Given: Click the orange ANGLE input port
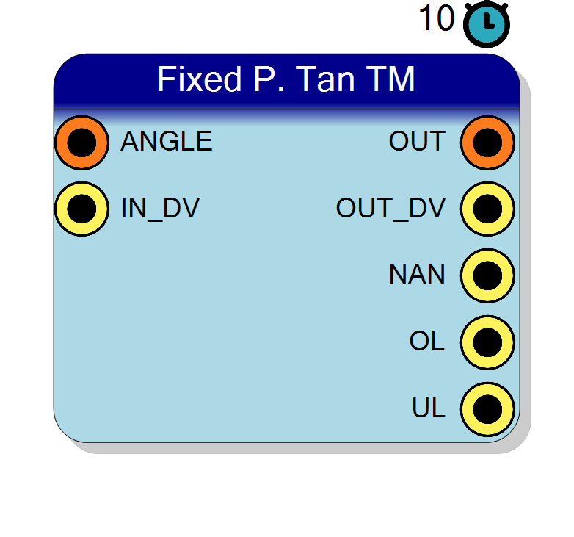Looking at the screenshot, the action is (81, 143).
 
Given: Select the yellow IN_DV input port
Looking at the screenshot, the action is (81, 209).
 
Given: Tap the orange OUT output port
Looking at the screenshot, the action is (487, 143).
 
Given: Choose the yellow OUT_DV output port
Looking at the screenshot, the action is (487, 209).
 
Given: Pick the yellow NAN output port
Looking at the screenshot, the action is (487, 275).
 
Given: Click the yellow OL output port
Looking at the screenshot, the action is (487, 342).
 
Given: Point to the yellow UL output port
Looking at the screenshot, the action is (487, 409).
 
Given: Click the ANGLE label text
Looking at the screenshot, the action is (167, 141).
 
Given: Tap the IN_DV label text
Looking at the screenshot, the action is (160, 209).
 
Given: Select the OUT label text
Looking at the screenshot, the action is (418, 141).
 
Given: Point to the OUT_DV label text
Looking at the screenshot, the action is (390, 209).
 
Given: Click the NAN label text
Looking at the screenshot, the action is (418, 274).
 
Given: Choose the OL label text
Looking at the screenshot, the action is (427, 341).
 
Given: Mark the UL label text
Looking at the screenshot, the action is (429, 408).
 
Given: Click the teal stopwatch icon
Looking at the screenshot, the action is (487, 24).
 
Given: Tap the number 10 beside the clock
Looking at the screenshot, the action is (437, 18).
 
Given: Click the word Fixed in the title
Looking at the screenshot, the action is (200, 79).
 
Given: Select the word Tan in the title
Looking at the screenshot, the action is (325, 79).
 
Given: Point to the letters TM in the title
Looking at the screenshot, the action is (393, 79).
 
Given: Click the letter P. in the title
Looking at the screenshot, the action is (269, 79).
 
